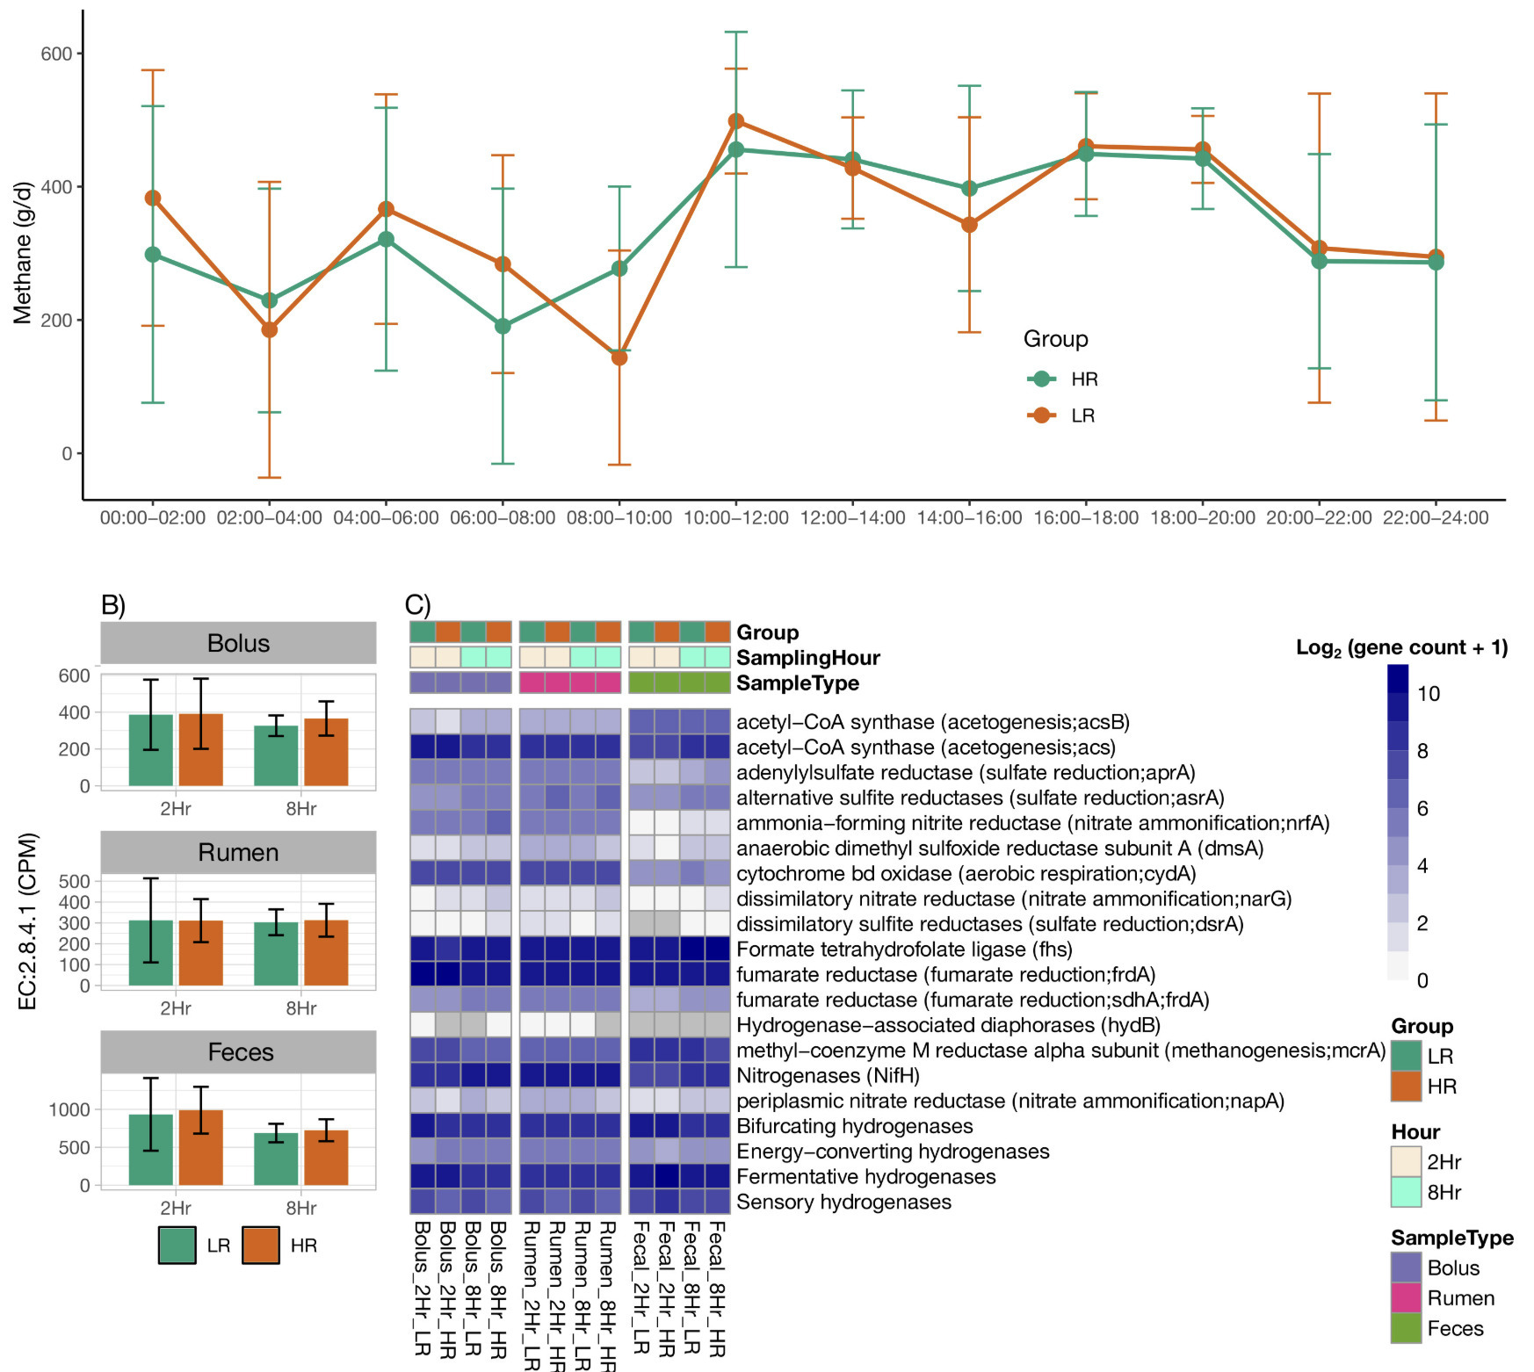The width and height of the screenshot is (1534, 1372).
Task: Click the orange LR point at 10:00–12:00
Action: pos(736,121)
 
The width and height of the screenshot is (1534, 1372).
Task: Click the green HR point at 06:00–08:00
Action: pos(503,326)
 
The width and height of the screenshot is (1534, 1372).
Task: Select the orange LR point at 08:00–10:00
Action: pos(619,357)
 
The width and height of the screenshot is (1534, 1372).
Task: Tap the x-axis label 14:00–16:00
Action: pos(969,518)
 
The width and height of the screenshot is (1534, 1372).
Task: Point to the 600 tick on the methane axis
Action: pos(56,54)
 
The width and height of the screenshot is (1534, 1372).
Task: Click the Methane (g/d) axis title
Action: pos(23,253)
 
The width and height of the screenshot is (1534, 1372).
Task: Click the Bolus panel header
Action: pos(238,643)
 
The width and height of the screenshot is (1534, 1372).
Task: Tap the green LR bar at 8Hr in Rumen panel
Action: pos(276,954)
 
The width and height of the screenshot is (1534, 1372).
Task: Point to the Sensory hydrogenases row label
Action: pos(843,1202)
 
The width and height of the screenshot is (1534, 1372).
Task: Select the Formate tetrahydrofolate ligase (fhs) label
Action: pos(903,950)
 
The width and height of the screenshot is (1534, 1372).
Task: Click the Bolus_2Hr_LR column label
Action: pos(423,1287)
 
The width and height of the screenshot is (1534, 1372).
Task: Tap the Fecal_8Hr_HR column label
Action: pos(717,1287)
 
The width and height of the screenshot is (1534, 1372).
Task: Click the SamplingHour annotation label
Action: pos(807,658)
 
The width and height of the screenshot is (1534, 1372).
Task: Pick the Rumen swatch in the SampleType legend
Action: pos(1406,1298)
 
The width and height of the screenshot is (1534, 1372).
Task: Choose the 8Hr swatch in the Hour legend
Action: pos(1406,1192)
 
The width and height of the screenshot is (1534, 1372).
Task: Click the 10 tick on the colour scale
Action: pos(1429,694)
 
